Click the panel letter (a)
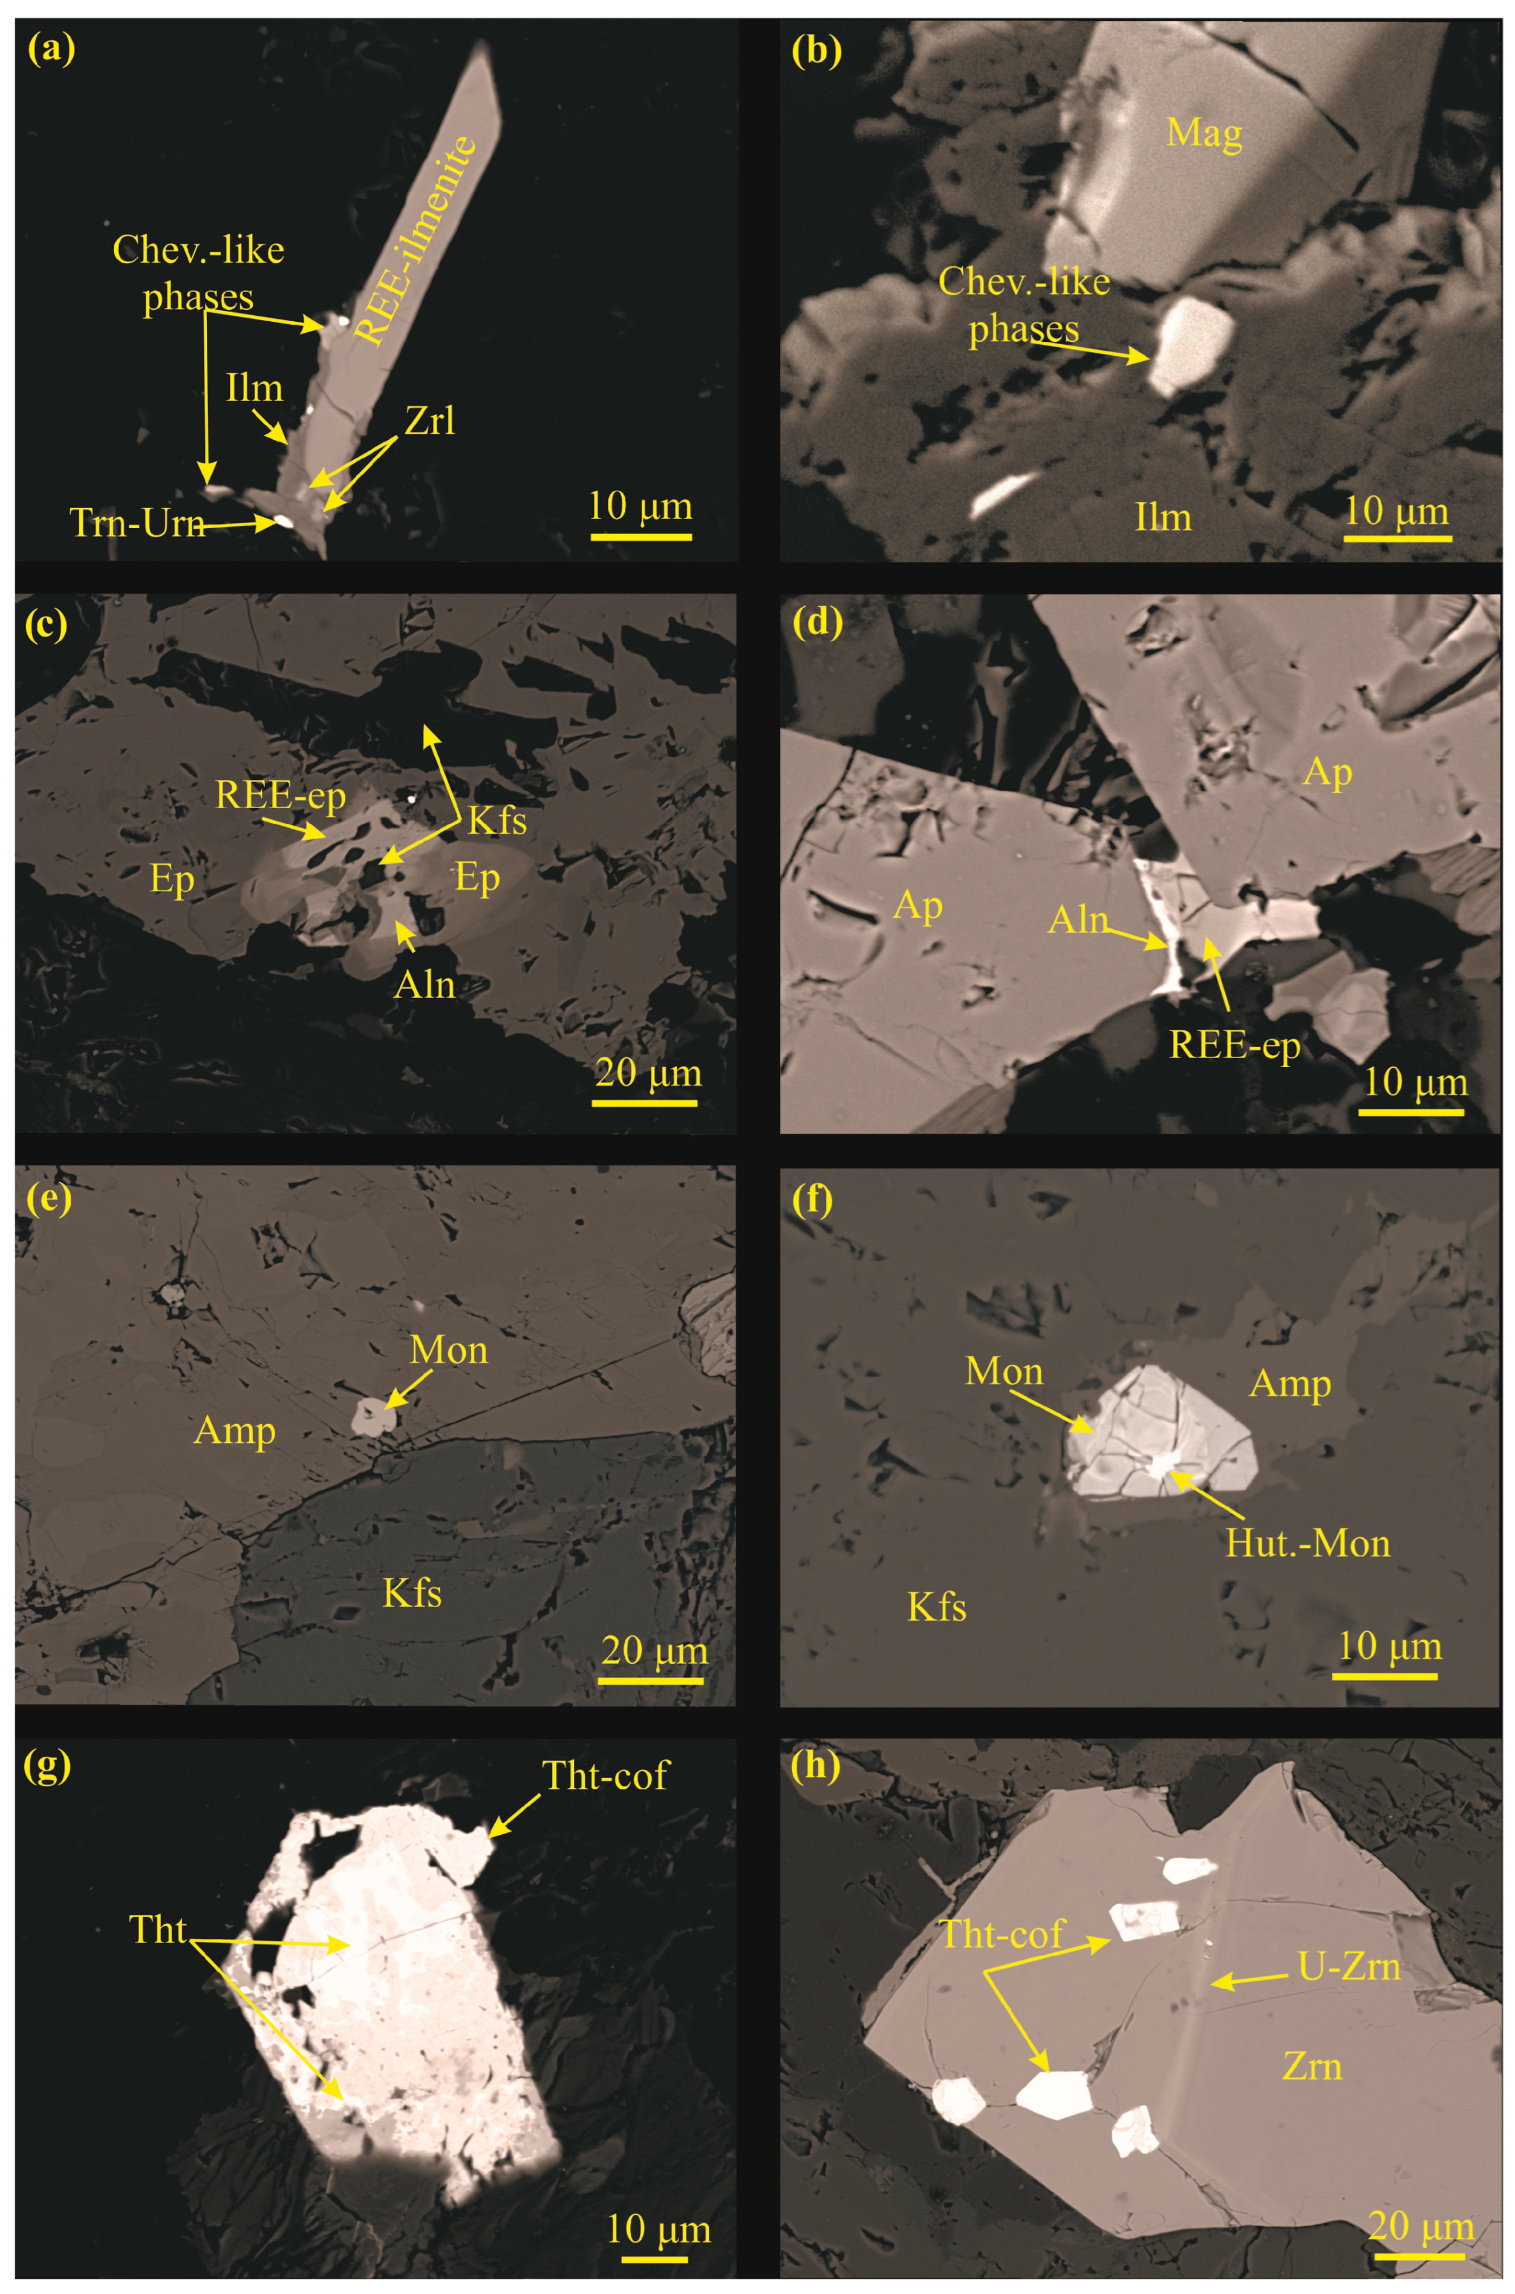[x=50, y=49]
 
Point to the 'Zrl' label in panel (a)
[x=430, y=421]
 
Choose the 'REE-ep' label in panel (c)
[x=280, y=794]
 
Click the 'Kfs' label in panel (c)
[x=498, y=820]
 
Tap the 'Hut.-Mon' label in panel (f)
[x=1308, y=1543]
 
